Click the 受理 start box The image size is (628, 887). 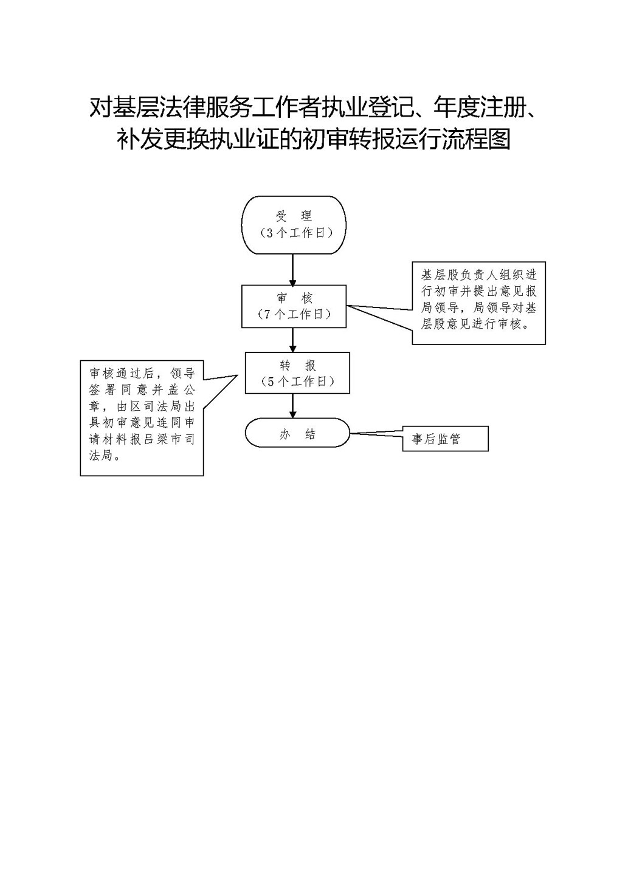pos(294,225)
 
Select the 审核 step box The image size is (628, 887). pos(294,306)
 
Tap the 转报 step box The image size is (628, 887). pos(297,373)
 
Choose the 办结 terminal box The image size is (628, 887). pos(297,434)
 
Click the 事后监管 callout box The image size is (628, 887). pos(445,439)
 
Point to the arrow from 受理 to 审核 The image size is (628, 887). pos(293,270)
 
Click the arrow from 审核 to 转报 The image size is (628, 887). pos(293,340)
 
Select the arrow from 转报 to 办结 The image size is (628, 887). pos(293,406)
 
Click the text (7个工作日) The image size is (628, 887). pos(294,314)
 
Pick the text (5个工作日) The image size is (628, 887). pos(297,382)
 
